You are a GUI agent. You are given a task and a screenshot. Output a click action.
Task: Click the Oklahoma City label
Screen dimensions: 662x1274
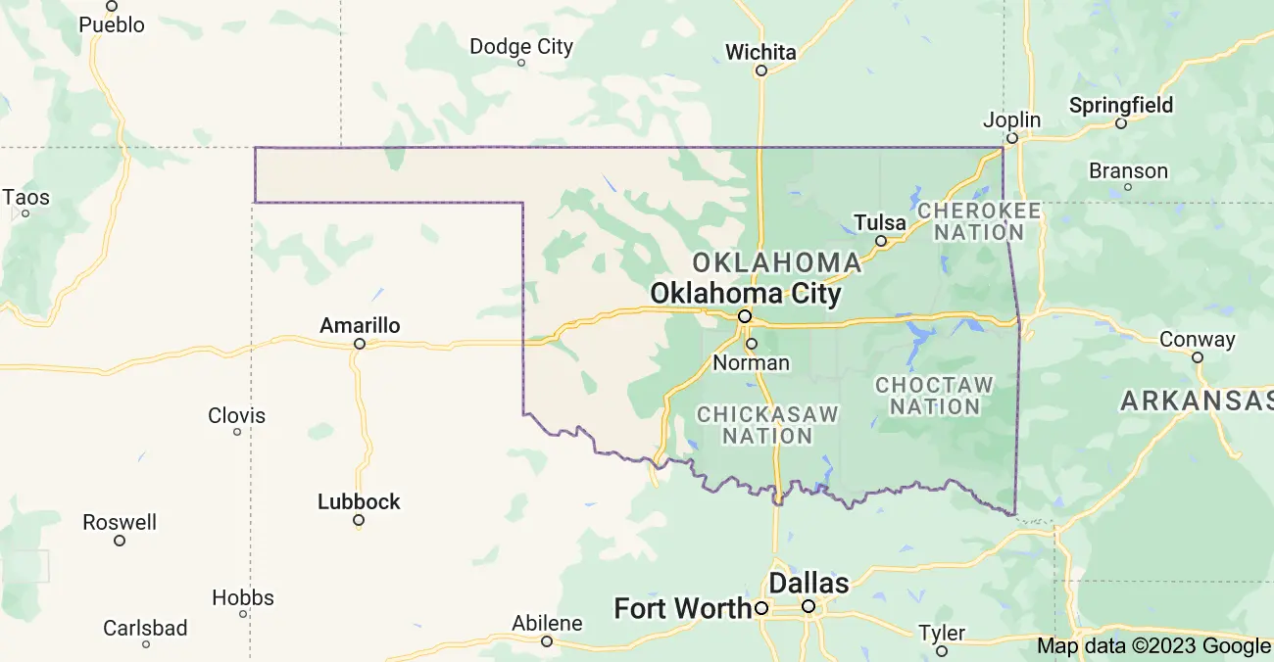click(745, 293)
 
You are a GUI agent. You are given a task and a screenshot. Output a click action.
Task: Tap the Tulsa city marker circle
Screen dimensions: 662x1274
click(880, 241)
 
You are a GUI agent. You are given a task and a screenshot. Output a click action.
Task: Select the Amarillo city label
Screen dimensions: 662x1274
click(360, 325)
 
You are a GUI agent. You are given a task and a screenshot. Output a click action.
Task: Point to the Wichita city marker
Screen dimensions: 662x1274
click(760, 71)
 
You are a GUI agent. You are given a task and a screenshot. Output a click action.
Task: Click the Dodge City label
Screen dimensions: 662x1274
click(520, 46)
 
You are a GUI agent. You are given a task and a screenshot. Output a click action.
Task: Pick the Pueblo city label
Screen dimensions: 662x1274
click(112, 24)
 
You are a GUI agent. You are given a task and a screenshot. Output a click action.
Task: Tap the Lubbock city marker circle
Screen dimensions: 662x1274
click(359, 520)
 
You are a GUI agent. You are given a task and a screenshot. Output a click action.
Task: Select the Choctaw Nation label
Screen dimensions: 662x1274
click(934, 396)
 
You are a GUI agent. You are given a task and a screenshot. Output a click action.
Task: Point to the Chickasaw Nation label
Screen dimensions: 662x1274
click(767, 425)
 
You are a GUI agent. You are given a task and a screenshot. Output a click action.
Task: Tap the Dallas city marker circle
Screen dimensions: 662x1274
click(808, 606)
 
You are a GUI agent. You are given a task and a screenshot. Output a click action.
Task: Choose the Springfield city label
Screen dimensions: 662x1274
click(1120, 105)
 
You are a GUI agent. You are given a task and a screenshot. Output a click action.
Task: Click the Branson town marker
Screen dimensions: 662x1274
click(1127, 187)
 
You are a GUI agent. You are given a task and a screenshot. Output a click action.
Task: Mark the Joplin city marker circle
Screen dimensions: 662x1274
click(1012, 138)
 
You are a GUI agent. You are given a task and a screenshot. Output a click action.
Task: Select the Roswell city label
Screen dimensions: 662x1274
click(120, 522)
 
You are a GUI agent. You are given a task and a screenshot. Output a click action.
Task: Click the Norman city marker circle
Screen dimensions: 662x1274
click(752, 344)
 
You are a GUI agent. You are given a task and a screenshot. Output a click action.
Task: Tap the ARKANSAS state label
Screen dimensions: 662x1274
click(1197, 400)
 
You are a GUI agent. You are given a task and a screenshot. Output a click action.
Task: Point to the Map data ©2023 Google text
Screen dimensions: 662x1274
click(1153, 645)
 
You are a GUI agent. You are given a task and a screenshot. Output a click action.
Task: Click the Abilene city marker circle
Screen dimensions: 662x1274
click(547, 641)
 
